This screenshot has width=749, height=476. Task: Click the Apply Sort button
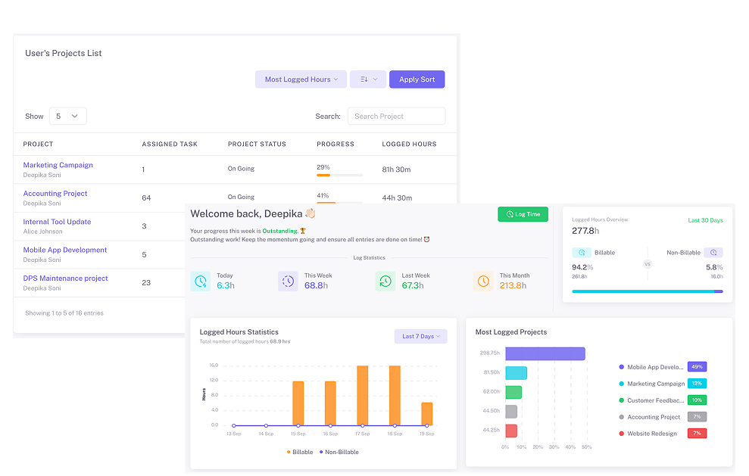pyautogui.click(x=417, y=79)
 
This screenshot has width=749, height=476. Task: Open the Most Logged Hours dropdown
pyautogui.click(x=301, y=79)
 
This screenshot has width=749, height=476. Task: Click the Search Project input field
pyautogui.click(x=396, y=116)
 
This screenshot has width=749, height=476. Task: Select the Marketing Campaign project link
pyautogui.click(x=58, y=165)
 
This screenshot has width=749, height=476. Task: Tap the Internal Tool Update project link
pyautogui.click(x=57, y=222)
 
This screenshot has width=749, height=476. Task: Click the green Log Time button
pyautogui.click(x=523, y=214)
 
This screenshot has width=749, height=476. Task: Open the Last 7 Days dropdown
pyautogui.click(x=420, y=336)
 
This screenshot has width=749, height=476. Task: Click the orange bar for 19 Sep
pyautogui.click(x=427, y=414)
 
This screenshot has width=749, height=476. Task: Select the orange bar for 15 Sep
pyautogui.click(x=298, y=403)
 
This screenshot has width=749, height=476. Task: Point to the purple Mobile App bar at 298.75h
pyautogui.click(x=545, y=353)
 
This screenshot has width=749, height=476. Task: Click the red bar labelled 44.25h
pyautogui.click(x=511, y=431)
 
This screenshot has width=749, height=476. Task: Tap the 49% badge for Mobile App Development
pyautogui.click(x=697, y=367)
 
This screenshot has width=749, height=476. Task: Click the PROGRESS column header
pyautogui.click(x=335, y=144)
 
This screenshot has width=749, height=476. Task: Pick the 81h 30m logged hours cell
pyautogui.click(x=397, y=170)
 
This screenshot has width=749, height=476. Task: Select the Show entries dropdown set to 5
pyautogui.click(x=67, y=116)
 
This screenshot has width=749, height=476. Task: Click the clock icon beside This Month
pyautogui.click(x=483, y=282)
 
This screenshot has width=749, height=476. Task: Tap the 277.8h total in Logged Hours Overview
pyautogui.click(x=585, y=231)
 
